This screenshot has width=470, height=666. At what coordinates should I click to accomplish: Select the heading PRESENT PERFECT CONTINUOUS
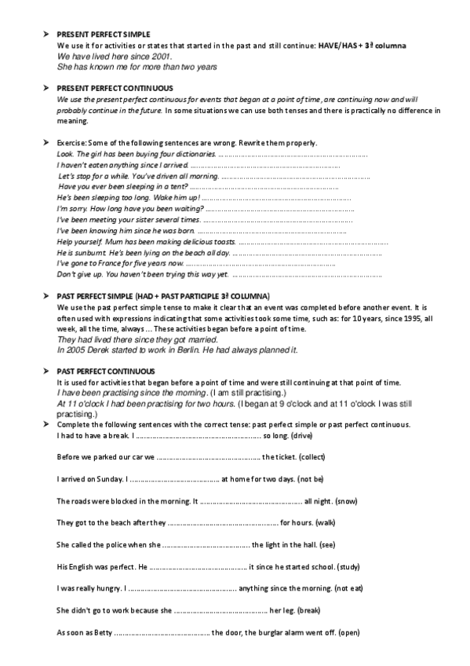[104, 89]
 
